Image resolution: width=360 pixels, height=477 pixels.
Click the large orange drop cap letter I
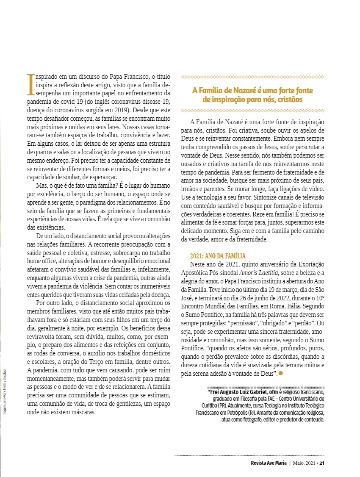pos(30,84)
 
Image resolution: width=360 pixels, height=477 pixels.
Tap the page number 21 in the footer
pos(322,462)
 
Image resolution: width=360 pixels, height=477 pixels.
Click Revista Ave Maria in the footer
pos(269,462)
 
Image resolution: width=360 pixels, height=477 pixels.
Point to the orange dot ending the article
pos(281,373)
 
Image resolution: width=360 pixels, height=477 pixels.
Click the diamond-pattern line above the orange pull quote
pos(252,77)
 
